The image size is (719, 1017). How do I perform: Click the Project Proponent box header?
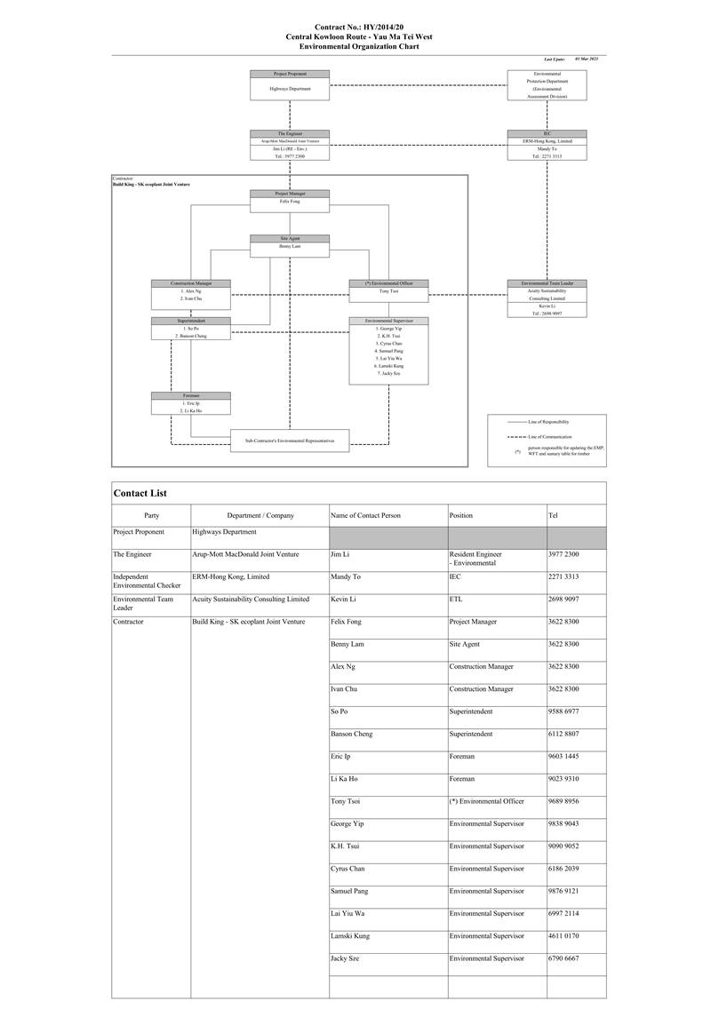pyautogui.click(x=290, y=74)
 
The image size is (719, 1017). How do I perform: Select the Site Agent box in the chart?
pyautogui.click(x=290, y=242)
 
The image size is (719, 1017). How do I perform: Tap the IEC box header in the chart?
pyautogui.click(x=547, y=133)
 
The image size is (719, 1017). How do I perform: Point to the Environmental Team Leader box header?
pyautogui.click(x=547, y=283)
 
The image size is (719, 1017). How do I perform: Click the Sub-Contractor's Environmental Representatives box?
pyautogui.click(x=290, y=441)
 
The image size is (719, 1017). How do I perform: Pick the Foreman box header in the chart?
pyautogui.click(x=191, y=395)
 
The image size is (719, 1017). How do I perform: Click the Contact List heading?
pyautogui.click(x=140, y=493)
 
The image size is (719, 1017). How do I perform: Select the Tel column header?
pyautogui.click(x=555, y=515)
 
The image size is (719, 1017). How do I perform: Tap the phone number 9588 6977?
pyautogui.click(x=563, y=711)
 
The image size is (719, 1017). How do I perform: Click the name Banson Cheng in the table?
pyautogui.click(x=351, y=734)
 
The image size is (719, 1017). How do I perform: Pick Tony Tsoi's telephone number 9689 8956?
pyautogui.click(x=563, y=801)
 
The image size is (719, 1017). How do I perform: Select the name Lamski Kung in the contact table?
pyautogui.click(x=350, y=935)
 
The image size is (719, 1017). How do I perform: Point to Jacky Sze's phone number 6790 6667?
pyautogui.click(x=563, y=958)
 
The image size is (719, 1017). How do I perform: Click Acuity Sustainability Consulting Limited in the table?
pyautogui.click(x=251, y=600)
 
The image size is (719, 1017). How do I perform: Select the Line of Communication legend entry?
pyautogui.click(x=547, y=437)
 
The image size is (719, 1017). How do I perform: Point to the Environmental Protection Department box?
pyautogui.click(x=547, y=86)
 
